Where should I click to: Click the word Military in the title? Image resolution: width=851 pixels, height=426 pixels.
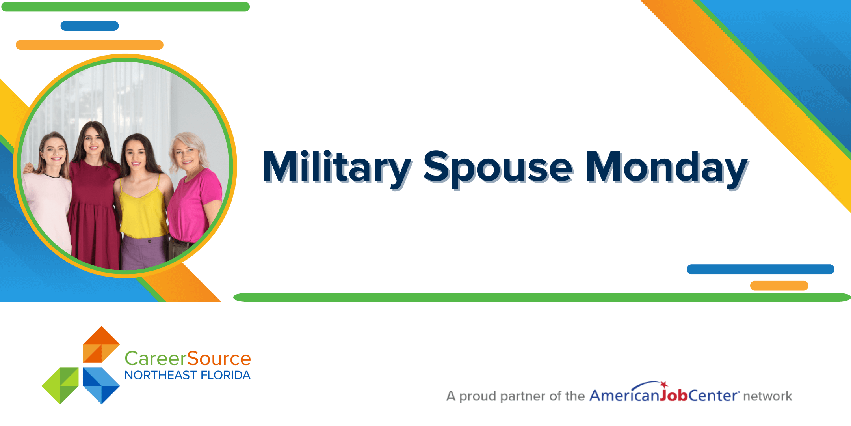337,167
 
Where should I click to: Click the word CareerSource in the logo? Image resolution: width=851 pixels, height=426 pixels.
188,359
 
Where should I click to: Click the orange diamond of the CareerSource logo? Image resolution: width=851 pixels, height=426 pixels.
101,344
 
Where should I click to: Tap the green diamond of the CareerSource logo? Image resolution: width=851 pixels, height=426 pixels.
60,385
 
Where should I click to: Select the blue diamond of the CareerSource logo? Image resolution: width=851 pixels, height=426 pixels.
101,385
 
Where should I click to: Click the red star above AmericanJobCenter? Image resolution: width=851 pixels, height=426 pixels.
664,385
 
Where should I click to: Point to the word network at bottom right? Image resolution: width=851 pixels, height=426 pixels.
767,396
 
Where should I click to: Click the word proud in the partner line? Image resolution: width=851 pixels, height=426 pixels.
478,396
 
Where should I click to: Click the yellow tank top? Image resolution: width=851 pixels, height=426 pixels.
143,209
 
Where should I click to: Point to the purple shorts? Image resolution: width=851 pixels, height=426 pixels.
145,252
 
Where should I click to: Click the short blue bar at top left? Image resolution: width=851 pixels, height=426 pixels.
89,26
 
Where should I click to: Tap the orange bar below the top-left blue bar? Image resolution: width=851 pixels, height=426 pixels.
89,45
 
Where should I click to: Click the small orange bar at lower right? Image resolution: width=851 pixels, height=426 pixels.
779,286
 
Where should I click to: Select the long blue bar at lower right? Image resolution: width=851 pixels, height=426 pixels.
760,269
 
